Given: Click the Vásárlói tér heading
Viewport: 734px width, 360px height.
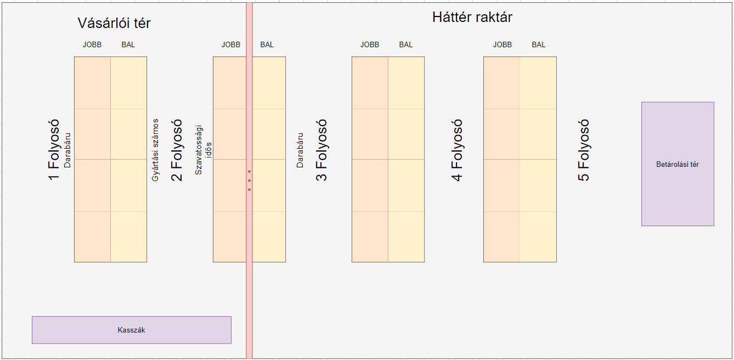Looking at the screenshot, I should tap(114, 23).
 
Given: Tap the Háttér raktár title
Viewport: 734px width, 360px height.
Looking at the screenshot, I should tap(472, 18).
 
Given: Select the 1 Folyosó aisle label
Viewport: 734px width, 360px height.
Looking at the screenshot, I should tap(54, 150).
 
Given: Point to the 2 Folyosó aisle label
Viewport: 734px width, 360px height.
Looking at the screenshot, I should tap(177, 150).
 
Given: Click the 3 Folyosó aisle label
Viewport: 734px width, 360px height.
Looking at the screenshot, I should tap(321, 150).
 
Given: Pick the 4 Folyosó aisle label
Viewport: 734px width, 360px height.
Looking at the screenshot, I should tap(457, 150).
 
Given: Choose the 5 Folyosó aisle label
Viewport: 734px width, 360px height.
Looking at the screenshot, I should tap(584, 150).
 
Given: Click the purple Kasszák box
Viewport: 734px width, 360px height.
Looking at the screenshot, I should tap(131, 330).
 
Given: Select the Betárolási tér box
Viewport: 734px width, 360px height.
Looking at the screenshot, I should tap(677, 164).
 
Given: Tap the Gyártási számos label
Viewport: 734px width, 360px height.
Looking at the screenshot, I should tap(156, 150).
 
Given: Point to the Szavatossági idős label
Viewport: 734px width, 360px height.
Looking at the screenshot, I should tap(203, 150).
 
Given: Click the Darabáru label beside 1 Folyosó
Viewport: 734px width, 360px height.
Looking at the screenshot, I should tap(68, 150).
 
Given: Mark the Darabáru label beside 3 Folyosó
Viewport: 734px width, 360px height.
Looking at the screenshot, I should tap(300, 150).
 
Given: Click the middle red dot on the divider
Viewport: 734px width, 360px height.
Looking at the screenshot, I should tap(249, 181).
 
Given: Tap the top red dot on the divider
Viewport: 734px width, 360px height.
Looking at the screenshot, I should tap(249, 172).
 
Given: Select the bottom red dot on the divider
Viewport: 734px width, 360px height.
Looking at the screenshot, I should tap(249, 190).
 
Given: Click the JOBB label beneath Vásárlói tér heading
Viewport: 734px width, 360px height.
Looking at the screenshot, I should tap(92, 44).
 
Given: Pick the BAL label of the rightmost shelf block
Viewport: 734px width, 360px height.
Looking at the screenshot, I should tap(539, 44).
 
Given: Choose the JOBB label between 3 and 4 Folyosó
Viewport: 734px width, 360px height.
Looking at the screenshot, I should tap(370, 44).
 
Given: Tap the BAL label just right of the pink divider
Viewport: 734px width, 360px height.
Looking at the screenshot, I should tap(267, 44).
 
